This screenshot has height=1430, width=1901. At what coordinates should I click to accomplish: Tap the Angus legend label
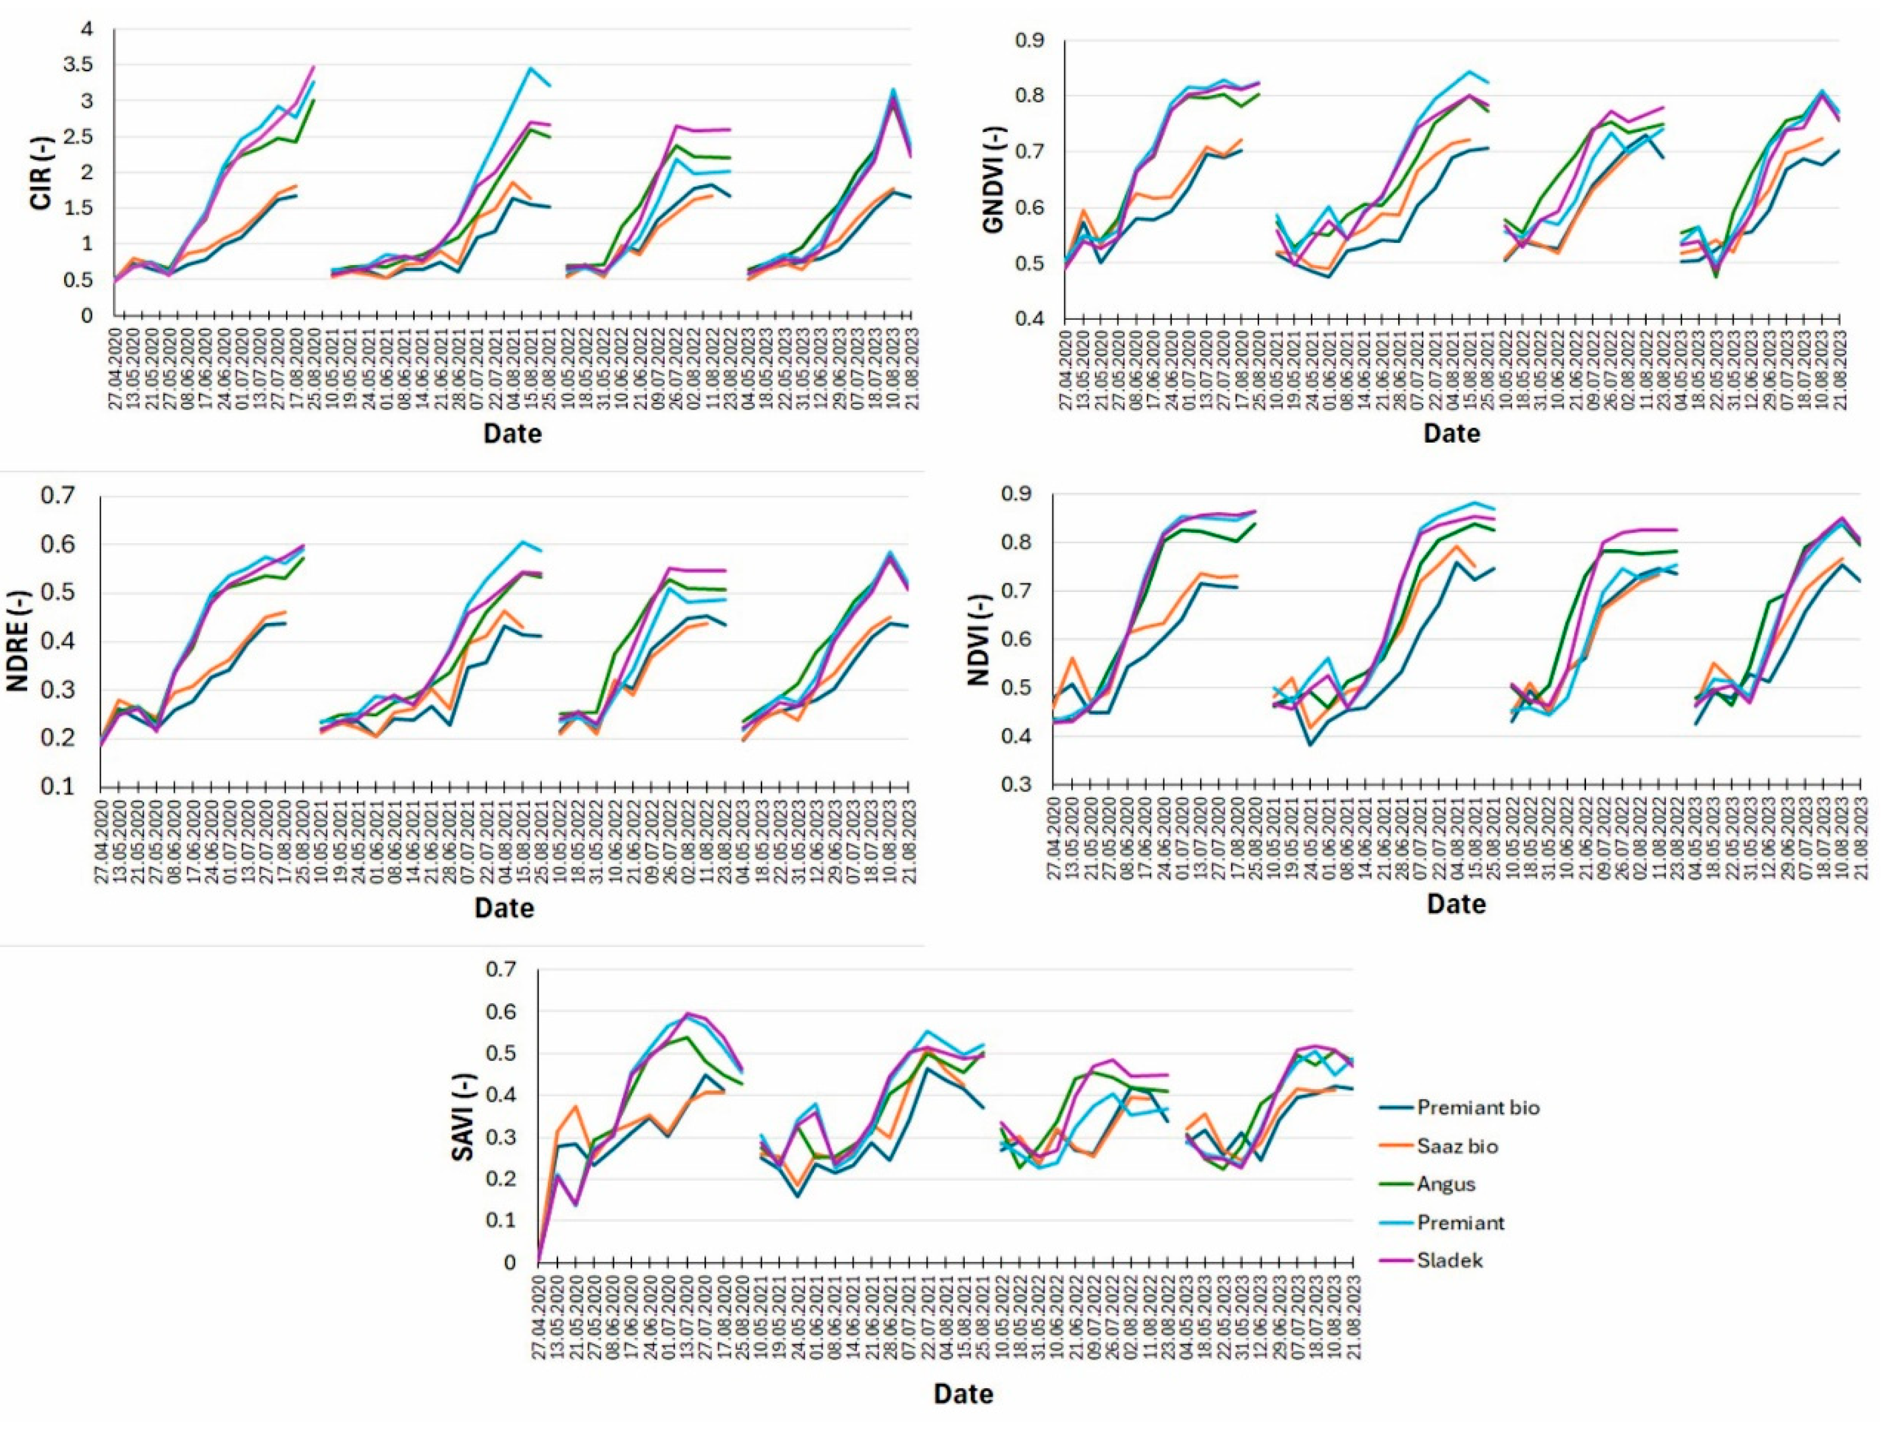[1447, 1184]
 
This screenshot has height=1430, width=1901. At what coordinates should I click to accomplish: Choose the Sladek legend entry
[1450, 1261]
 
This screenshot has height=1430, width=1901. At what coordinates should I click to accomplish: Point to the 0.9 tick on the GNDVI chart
[1029, 40]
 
